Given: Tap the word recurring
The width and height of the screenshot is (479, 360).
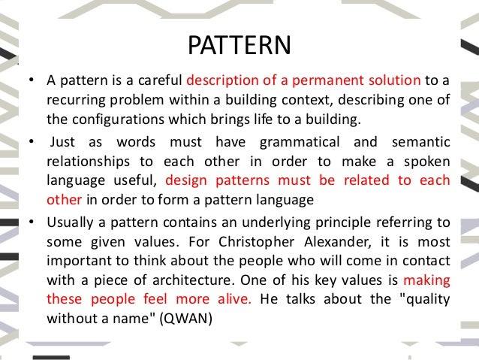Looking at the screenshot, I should coord(73,100).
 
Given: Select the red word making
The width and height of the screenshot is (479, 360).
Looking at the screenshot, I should coord(426,281).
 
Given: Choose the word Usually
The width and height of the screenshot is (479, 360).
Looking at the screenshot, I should coord(69,222).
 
